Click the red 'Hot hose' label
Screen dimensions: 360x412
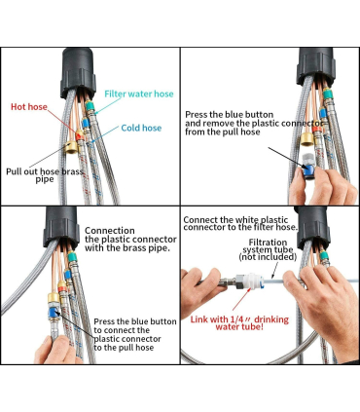click(x=29, y=107)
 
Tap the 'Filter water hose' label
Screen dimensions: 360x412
click(x=139, y=94)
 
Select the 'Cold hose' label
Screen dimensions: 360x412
click(x=141, y=128)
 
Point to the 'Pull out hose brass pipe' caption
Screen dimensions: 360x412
click(x=45, y=175)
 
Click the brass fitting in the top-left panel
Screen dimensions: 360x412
click(x=71, y=148)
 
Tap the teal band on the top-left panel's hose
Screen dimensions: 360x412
click(x=90, y=106)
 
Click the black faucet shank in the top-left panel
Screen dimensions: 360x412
click(x=78, y=73)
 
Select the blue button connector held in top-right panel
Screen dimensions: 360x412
click(x=307, y=169)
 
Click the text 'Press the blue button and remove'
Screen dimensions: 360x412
click(x=230, y=119)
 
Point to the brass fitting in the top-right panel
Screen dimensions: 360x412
click(x=306, y=139)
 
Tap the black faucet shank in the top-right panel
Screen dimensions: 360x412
click(x=315, y=66)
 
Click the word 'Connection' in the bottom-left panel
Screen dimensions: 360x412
click(x=110, y=231)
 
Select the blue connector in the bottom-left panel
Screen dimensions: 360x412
click(x=53, y=313)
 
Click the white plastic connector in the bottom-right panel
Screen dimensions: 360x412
click(x=250, y=281)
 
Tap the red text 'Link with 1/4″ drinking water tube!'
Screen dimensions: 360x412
click(x=239, y=322)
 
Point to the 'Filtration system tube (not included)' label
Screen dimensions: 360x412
click(x=268, y=249)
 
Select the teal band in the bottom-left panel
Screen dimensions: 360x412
click(x=72, y=256)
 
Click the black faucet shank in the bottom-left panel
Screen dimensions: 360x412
click(x=61, y=226)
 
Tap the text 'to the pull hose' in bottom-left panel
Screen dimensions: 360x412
click(x=124, y=348)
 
